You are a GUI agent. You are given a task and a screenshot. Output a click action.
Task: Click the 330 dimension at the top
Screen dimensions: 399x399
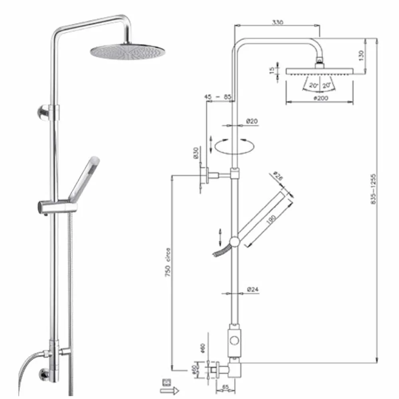tap(278, 22)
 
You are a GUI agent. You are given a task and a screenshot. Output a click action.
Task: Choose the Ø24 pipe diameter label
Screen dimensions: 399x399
tap(253, 289)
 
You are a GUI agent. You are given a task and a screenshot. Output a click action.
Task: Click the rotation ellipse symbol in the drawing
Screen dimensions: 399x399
tap(233, 146)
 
